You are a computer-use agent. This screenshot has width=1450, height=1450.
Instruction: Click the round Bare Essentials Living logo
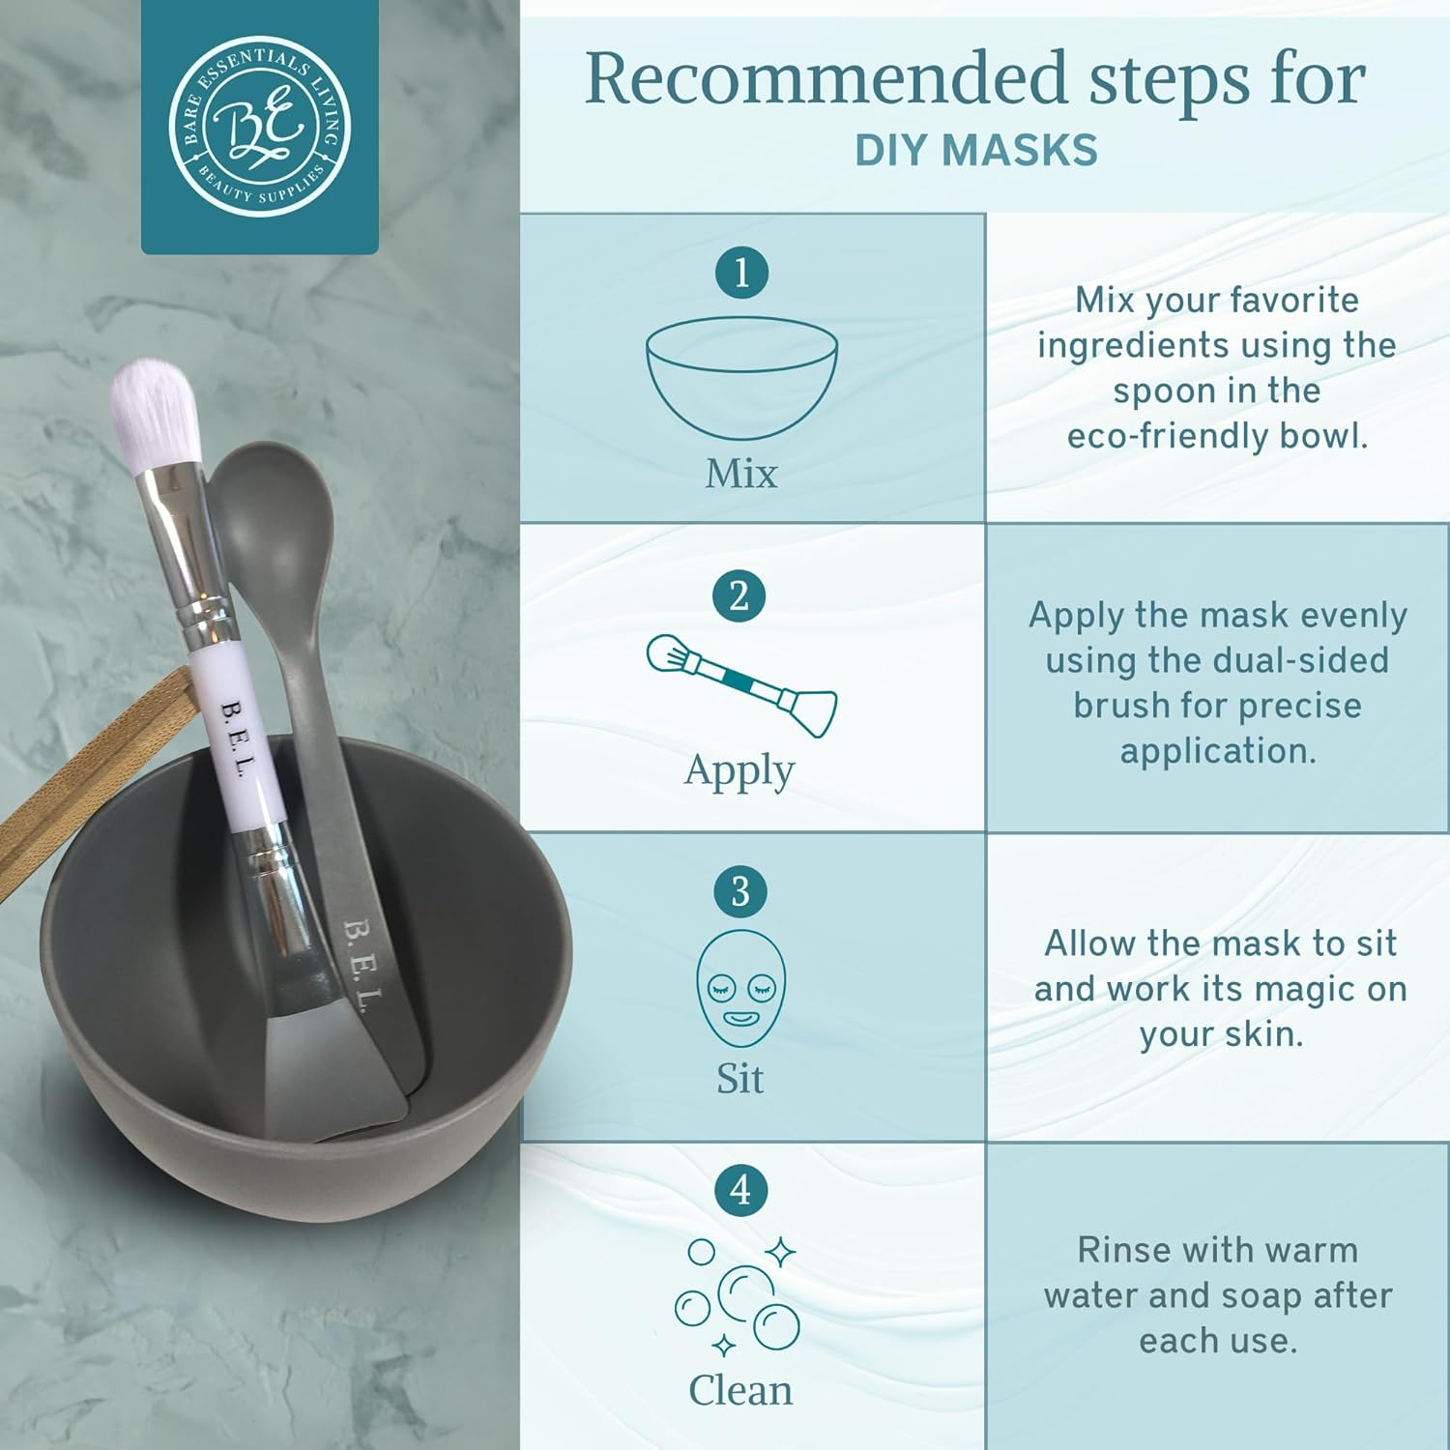coord(259,127)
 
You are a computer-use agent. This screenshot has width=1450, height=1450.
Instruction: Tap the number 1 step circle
coord(741,273)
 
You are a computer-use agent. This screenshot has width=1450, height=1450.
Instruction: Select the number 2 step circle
coord(739,596)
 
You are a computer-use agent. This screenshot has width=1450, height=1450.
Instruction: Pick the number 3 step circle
coord(740,891)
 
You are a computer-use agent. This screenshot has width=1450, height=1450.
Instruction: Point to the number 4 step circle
coord(740,1190)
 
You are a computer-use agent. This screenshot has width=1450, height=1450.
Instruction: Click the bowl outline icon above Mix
coord(741,377)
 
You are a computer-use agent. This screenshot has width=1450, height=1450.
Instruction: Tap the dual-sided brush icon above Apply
coord(741,685)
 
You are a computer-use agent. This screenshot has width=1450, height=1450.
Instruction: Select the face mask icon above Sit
coord(740,988)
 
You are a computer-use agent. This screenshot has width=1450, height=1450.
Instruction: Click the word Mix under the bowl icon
coord(741,474)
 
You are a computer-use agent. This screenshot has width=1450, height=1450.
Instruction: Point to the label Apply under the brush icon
coord(739,771)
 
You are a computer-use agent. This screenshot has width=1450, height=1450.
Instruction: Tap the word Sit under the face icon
coord(739,1078)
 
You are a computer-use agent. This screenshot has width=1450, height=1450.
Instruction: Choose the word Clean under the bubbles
coord(740,1390)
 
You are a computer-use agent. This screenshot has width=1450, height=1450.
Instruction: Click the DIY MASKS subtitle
coord(976,151)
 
